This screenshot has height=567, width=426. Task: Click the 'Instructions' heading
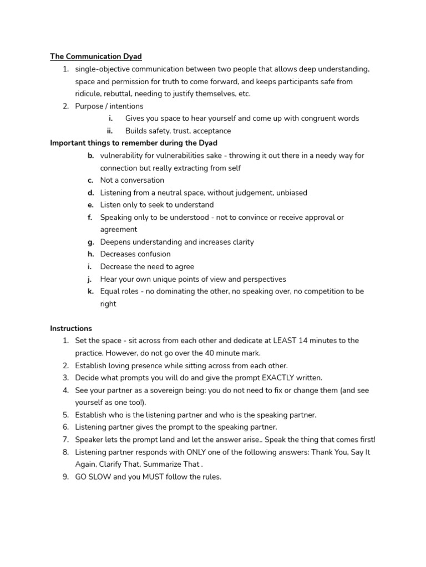tap(71, 328)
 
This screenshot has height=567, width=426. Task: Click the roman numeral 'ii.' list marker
tap(110, 131)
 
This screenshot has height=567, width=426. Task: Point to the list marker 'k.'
tap(90, 291)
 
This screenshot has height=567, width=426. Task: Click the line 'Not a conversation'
tap(132, 180)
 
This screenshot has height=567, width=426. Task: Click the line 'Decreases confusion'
tap(135, 254)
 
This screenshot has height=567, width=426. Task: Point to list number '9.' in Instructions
tap(65, 477)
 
